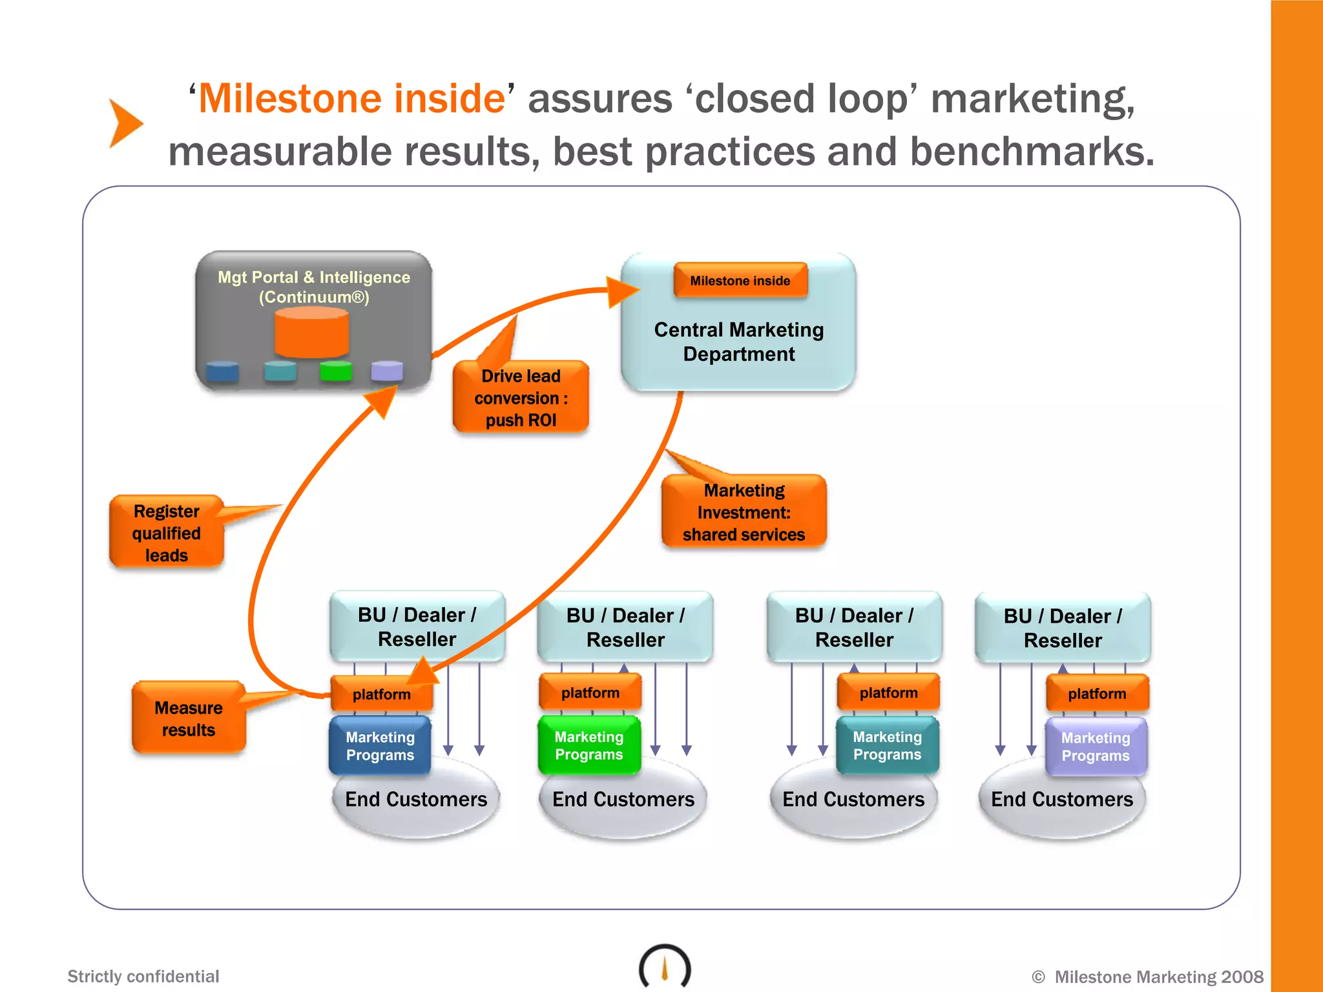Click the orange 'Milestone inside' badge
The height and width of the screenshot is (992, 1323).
(740, 280)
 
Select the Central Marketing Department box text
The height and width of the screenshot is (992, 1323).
(739, 342)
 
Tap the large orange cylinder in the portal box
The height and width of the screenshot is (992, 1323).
(312, 332)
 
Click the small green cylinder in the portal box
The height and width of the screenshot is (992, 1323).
(336, 371)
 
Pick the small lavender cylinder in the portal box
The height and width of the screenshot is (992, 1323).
(387, 371)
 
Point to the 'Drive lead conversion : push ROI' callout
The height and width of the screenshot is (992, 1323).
(521, 398)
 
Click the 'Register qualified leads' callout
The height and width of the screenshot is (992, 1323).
(167, 533)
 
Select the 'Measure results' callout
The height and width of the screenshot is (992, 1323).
(189, 719)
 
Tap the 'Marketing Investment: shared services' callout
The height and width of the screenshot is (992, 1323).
(744, 512)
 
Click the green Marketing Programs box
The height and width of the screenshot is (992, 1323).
(589, 745)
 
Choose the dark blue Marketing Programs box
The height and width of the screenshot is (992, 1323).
(380, 746)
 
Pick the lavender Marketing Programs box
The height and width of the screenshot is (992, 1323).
(1096, 747)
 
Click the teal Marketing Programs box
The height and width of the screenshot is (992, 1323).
(887, 745)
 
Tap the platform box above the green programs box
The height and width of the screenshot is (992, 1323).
(590, 693)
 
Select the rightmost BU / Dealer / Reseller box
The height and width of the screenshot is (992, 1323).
(1063, 628)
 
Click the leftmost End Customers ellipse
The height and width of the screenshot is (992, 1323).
(416, 801)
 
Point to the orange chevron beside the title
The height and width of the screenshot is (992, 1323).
(124, 123)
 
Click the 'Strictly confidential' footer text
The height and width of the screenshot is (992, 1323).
(143, 976)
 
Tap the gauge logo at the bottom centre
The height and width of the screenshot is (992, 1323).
(665, 967)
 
